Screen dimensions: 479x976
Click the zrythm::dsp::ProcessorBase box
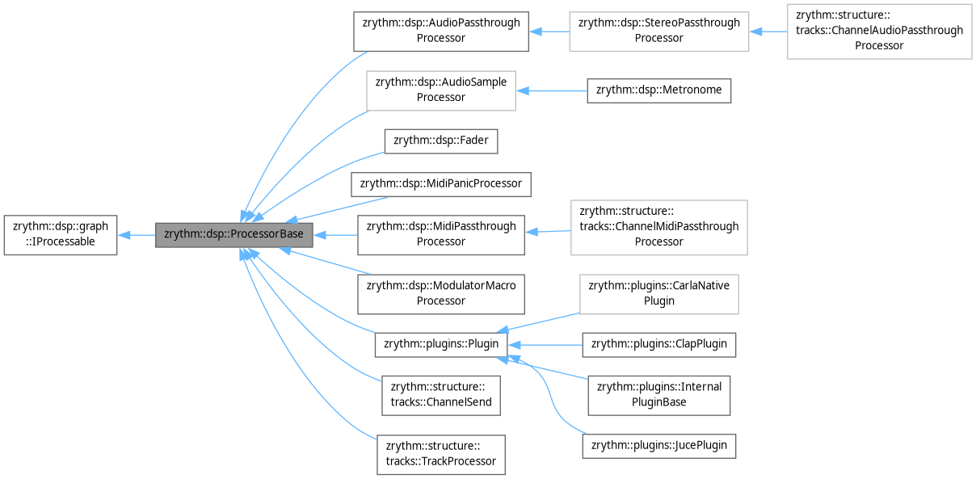233,235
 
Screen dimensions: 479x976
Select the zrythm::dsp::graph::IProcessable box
61,235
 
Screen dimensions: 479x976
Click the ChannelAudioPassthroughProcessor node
879,32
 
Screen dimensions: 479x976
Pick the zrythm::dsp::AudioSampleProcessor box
441,90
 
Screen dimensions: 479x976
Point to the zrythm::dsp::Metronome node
659,90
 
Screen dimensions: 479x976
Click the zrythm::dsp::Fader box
441,141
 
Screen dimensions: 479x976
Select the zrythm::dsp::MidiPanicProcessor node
441,183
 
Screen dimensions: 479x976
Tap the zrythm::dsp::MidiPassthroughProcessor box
441,234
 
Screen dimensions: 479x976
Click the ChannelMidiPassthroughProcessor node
659,227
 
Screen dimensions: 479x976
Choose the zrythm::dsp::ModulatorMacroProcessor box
441,293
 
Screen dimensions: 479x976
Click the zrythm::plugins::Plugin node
441,344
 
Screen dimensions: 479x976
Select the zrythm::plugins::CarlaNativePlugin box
659,293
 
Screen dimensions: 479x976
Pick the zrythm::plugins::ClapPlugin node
659,344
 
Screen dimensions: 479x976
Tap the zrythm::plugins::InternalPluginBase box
659,395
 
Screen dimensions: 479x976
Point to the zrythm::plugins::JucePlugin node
659,445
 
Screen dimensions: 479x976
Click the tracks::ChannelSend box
441,395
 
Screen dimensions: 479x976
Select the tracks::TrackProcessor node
441,455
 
